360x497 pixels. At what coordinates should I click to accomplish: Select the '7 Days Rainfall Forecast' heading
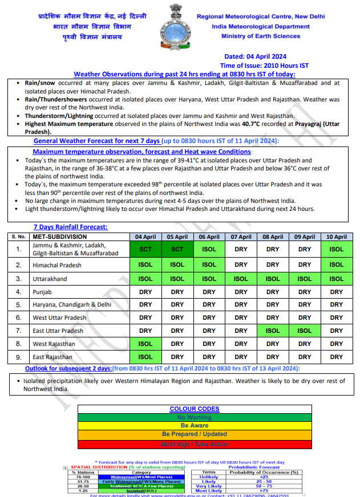click(x=70, y=227)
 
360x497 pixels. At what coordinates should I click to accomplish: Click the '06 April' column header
click(x=209, y=237)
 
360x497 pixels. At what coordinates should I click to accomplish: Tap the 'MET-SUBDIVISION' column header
click(x=59, y=237)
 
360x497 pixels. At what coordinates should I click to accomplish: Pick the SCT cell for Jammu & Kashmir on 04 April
click(x=145, y=249)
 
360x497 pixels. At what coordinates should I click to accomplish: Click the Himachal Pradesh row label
click(x=56, y=265)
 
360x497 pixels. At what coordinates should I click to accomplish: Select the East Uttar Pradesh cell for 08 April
click(x=273, y=331)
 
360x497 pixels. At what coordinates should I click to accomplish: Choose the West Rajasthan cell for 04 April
click(x=145, y=344)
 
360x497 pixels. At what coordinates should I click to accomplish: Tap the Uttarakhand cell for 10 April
click(x=337, y=279)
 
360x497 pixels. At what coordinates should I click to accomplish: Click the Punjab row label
click(x=43, y=292)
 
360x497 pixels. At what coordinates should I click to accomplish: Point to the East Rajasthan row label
click(x=52, y=357)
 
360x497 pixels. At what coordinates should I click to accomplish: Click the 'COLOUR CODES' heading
click(x=195, y=409)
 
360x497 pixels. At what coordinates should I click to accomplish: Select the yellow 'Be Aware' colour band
click(x=195, y=426)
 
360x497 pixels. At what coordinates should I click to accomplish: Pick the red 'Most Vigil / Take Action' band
click(x=195, y=444)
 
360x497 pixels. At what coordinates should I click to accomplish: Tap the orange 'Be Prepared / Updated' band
click(x=195, y=434)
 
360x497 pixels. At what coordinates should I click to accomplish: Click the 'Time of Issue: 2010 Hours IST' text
click(x=264, y=66)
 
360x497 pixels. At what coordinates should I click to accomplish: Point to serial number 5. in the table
click(x=18, y=305)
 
